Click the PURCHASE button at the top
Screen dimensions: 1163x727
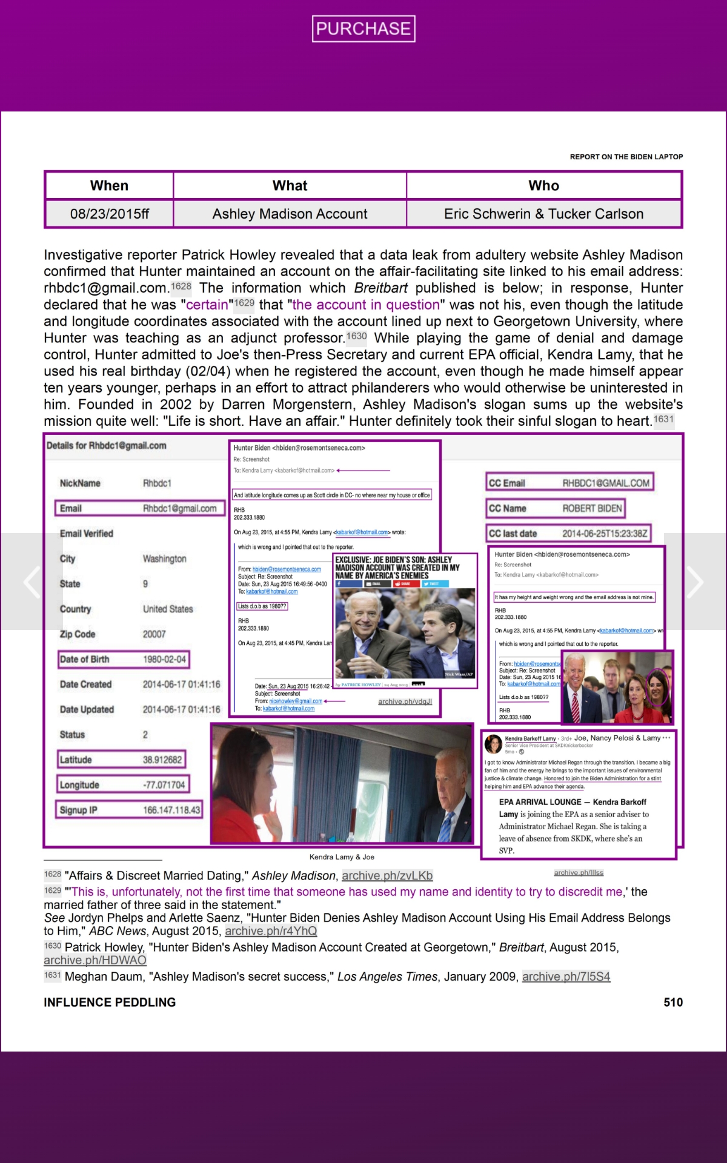pyautogui.click(x=363, y=28)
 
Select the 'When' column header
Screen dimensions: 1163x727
pyautogui.click(x=109, y=185)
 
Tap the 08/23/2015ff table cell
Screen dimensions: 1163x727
pyautogui.click(x=109, y=214)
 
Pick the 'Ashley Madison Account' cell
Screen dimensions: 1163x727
pyautogui.click(x=290, y=214)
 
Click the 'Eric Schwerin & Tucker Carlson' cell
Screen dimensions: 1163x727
pyautogui.click(x=543, y=214)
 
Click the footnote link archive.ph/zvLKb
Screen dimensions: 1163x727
pyautogui.click(x=387, y=876)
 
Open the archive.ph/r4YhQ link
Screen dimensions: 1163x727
pyautogui.click(x=271, y=931)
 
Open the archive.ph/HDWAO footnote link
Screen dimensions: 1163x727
pyautogui.click(x=95, y=960)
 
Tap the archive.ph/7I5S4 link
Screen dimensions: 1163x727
pyautogui.click(x=566, y=976)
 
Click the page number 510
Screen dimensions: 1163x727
pyautogui.click(x=672, y=1002)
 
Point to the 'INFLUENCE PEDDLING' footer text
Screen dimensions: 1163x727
pyautogui.click(x=110, y=1002)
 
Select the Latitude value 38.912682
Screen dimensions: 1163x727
pyautogui.click(x=162, y=760)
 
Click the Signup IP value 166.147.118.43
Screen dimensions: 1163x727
pyautogui.click(x=171, y=810)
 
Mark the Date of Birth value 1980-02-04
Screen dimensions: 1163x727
pyautogui.click(x=164, y=659)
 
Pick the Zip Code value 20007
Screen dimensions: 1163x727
pyautogui.click(x=154, y=634)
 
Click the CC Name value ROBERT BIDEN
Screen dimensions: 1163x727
pyautogui.click(x=592, y=508)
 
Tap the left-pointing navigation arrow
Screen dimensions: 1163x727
pyautogui.click(x=32, y=582)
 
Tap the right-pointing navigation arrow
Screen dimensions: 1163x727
pyautogui.click(x=695, y=582)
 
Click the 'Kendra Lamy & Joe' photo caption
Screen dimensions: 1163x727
pyautogui.click(x=342, y=857)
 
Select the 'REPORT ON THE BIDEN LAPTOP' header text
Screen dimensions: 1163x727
pyautogui.click(x=626, y=157)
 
